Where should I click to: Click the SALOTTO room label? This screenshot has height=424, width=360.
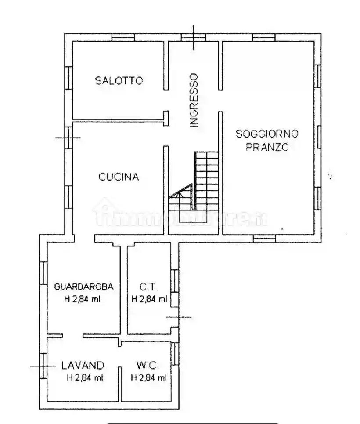119,80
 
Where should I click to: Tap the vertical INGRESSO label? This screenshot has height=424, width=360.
194,100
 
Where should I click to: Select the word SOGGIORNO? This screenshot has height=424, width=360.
267,133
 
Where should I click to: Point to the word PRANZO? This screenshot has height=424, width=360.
267,147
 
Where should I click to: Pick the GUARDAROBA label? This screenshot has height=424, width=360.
84,286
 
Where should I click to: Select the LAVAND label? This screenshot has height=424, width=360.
83,365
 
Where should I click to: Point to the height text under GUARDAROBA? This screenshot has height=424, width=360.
84,299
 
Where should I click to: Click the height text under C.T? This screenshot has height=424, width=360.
149,299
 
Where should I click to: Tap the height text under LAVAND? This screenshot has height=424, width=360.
85,377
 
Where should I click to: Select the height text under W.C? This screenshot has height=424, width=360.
149,377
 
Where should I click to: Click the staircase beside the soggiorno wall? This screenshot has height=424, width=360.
206,180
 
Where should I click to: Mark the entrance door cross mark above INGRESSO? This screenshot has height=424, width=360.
194,37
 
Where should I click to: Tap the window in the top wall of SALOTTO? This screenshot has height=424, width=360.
122,38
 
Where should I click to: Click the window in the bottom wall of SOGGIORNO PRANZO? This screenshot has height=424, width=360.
265,238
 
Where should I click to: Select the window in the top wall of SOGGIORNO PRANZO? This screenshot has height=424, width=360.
264,38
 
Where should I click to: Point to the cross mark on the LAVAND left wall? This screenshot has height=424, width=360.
43,365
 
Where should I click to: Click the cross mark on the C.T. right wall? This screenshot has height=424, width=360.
178,316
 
